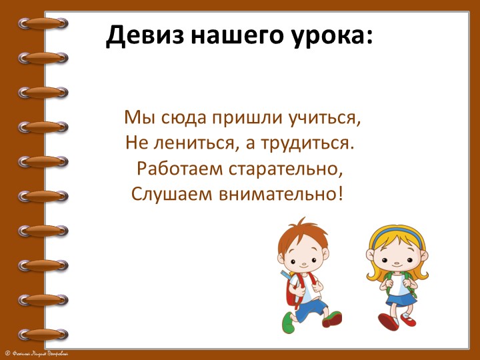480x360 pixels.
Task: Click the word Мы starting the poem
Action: pyautogui.click(x=135, y=118)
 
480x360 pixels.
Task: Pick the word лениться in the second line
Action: pyautogui.click(x=184, y=143)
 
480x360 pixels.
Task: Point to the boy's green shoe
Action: pyautogui.click(x=288, y=325)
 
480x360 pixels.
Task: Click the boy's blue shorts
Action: pyautogui.click(x=309, y=308)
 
